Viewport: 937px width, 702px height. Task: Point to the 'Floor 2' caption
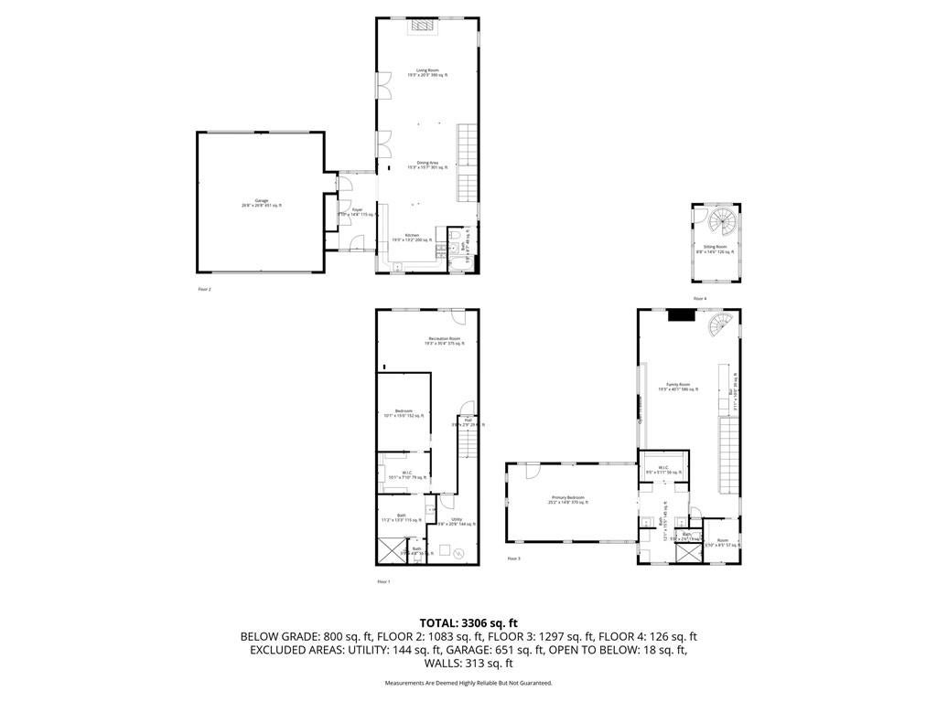pos(204,290)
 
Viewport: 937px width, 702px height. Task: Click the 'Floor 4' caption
pos(699,299)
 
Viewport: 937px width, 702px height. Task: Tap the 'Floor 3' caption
pos(513,558)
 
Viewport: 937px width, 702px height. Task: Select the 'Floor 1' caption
pos(383,581)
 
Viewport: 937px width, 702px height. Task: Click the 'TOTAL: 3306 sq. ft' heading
pos(468,622)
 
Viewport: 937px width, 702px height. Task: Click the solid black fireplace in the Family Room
pos(681,315)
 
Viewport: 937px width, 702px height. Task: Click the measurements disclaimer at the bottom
pos(468,683)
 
